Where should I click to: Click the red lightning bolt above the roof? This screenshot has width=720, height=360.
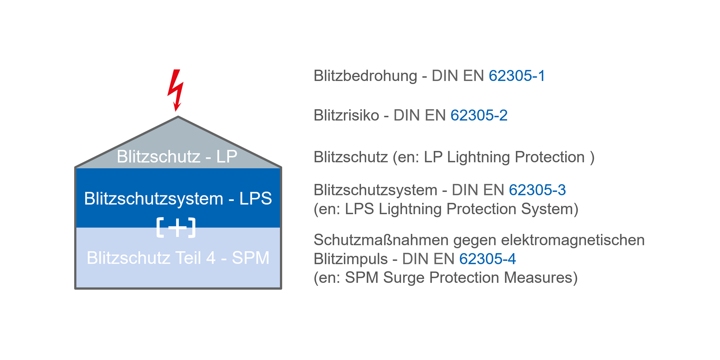coord(176,90)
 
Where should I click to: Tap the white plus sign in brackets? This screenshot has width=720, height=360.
coord(176,228)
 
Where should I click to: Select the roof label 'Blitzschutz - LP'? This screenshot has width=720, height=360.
coord(177,157)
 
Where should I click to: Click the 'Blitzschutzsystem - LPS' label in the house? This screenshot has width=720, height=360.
coord(178,198)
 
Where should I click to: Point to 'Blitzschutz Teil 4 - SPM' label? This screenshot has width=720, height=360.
coord(178,258)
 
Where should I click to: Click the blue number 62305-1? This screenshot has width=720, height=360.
coord(517,76)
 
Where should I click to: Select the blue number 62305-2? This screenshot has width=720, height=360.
coord(479,116)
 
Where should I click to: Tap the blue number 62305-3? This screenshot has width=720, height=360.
coord(537,190)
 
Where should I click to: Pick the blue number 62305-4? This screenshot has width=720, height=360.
coord(487,259)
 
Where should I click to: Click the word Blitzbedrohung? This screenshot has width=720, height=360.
coord(365,76)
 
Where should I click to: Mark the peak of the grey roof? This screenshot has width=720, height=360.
coord(178,117)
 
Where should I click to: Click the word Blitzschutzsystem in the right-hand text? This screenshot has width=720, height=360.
coord(375,190)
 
